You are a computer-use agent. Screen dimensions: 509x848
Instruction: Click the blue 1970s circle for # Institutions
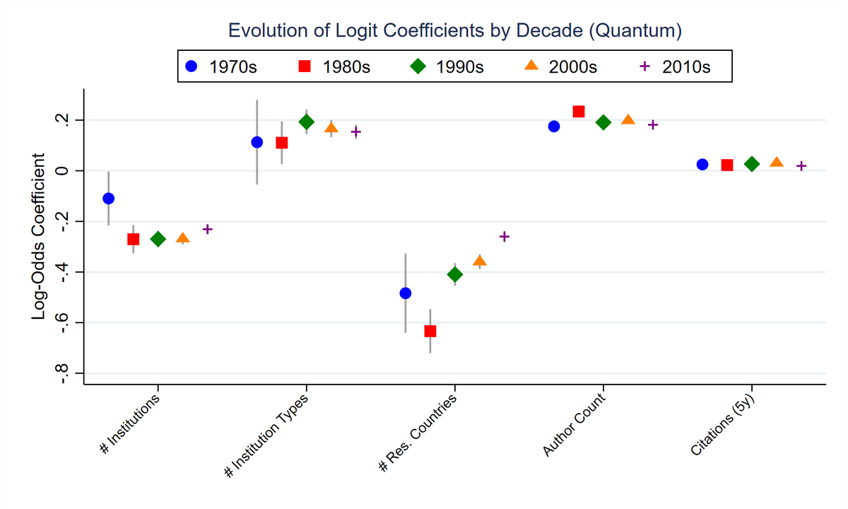[x=108, y=199]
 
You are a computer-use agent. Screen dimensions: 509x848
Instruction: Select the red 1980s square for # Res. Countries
[x=430, y=331]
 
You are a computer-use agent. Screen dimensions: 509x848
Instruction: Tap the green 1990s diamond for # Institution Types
[x=306, y=122]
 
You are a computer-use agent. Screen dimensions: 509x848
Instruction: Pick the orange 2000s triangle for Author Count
[x=628, y=120]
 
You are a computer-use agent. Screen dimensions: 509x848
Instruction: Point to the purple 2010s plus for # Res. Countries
[x=504, y=236]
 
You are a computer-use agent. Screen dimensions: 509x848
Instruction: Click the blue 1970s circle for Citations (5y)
[x=702, y=164]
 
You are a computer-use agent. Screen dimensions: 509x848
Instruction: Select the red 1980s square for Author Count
[x=578, y=111]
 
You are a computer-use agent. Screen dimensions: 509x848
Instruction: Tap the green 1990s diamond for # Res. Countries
[x=454, y=274]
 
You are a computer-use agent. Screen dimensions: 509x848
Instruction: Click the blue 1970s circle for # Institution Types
[x=257, y=142]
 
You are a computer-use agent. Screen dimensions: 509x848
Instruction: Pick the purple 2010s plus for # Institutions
[x=207, y=229]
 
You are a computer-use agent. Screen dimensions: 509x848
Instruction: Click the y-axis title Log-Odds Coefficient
[x=39, y=237]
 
